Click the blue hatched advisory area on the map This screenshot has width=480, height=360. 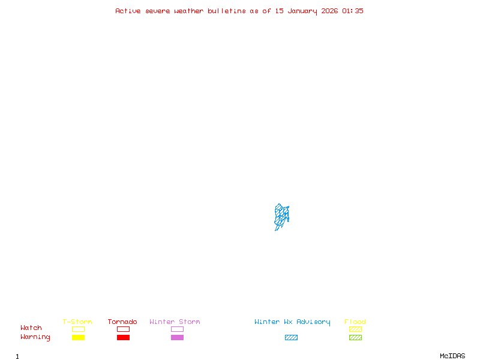281,216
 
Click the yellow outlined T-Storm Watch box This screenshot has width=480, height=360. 78,329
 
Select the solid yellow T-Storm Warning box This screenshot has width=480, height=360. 78,338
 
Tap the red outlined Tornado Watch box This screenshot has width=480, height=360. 123,329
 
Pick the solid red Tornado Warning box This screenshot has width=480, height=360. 123,338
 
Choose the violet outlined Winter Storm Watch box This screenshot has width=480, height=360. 177,329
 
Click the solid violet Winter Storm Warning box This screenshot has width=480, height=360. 177,338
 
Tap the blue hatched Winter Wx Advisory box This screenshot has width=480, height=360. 291,338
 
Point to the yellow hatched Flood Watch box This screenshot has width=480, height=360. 355,329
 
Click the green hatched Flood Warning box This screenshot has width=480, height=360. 355,338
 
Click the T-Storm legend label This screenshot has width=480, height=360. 77,322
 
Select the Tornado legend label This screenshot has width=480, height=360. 122,322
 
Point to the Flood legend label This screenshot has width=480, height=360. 355,322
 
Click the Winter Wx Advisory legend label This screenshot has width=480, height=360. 292,322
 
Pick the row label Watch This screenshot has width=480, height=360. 31,328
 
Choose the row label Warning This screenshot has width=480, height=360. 35,337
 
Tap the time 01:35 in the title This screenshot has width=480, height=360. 353,11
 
